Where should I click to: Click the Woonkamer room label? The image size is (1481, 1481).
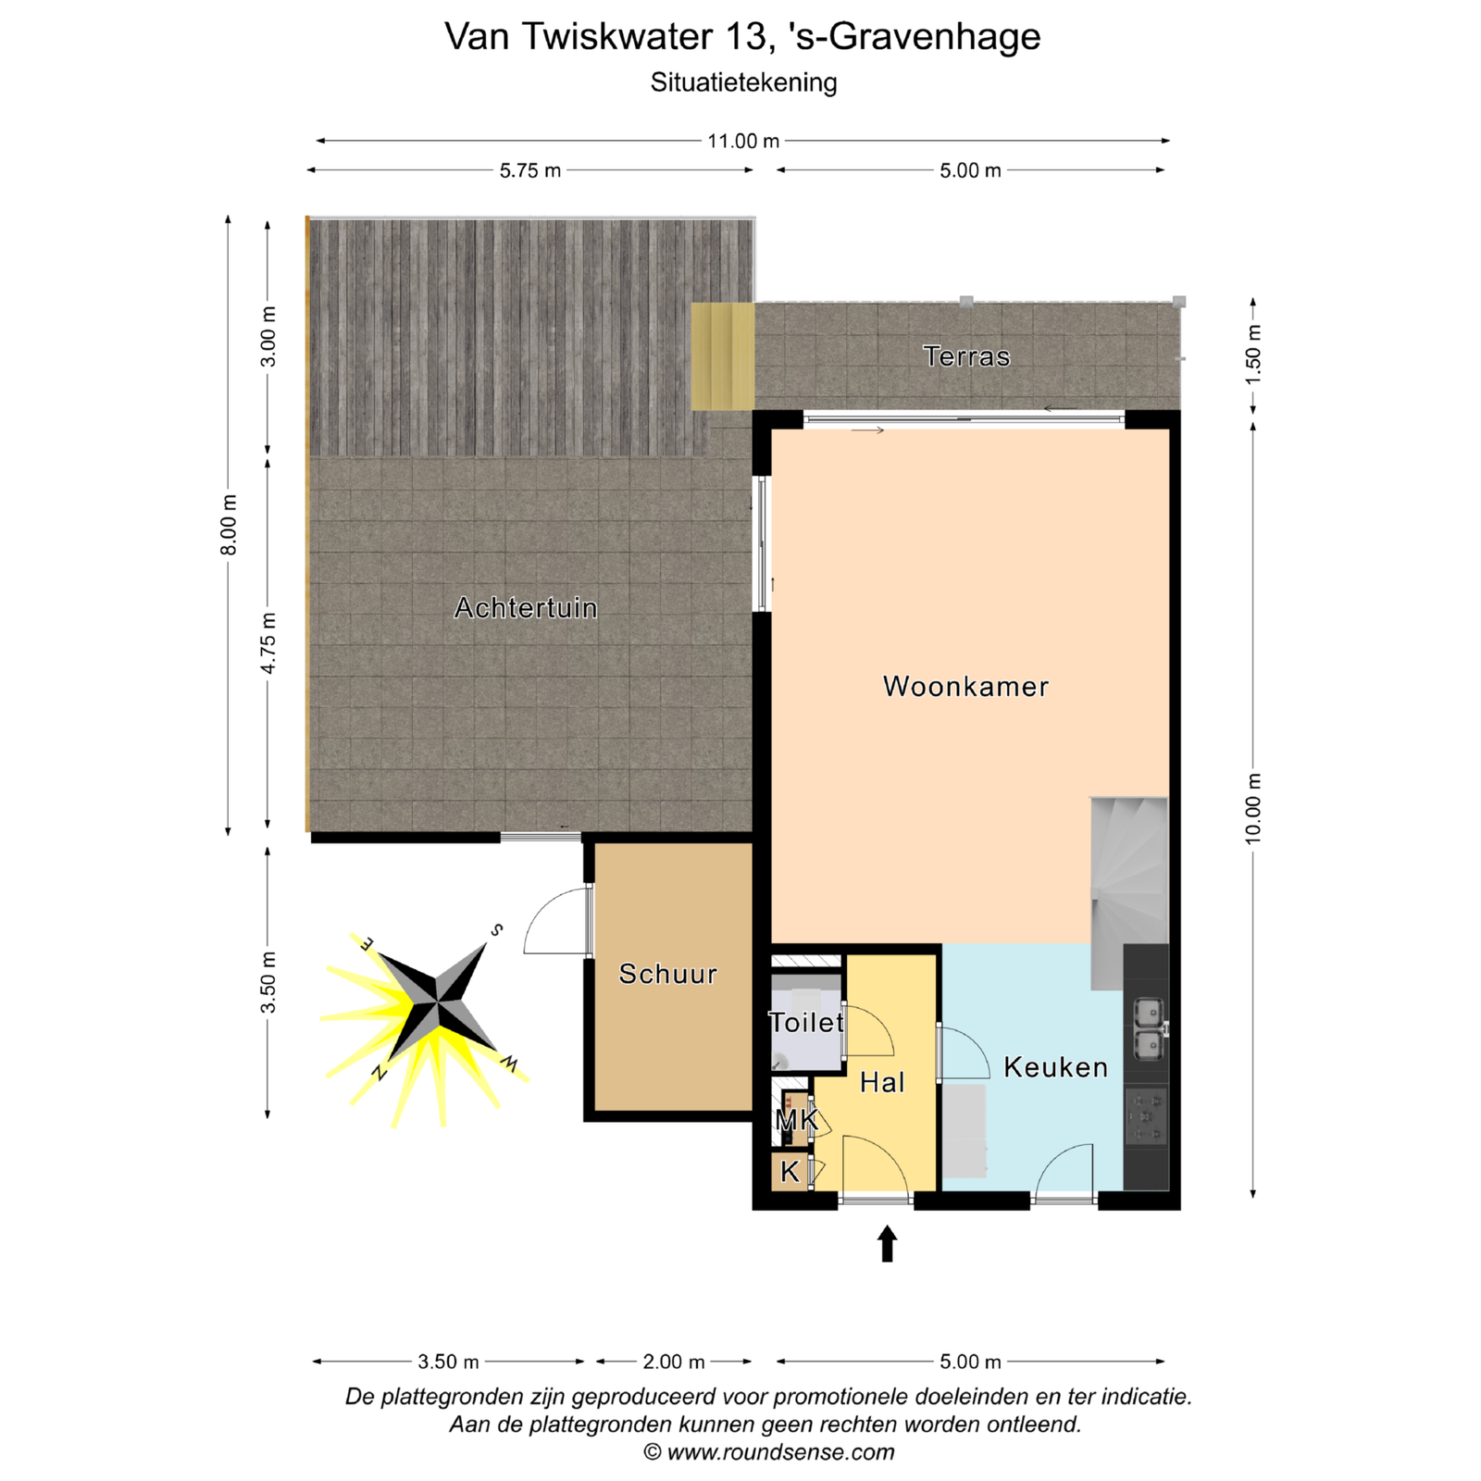point(965,687)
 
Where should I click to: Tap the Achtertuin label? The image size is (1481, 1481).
point(526,608)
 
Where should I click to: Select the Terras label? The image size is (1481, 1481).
point(966,356)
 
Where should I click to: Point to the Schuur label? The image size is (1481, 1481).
point(667,974)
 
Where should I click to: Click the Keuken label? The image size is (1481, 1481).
point(1055,1067)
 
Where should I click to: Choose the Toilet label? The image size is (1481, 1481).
point(806,1023)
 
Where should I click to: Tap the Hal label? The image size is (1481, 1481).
point(882,1083)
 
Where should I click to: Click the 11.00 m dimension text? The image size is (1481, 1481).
point(743,142)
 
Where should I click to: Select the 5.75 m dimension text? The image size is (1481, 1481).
point(530,171)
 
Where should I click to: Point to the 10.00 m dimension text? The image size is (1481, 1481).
point(1253,808)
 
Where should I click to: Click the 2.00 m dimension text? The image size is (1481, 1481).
point(674,1362)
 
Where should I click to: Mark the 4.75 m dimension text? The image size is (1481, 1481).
point(268,643)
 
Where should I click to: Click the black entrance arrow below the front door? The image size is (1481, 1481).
point(887,1243)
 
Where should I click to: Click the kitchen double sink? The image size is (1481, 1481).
point(1149,1027)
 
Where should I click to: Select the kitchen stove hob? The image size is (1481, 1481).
point(1147,1117)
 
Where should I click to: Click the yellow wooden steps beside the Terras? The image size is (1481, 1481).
point(723,356)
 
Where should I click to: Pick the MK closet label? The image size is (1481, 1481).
point(796,1121)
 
